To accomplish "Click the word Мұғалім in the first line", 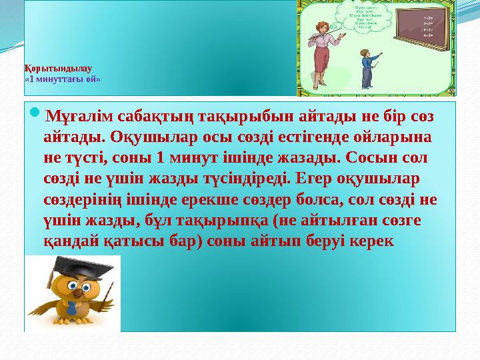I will click(x=78, y=118).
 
